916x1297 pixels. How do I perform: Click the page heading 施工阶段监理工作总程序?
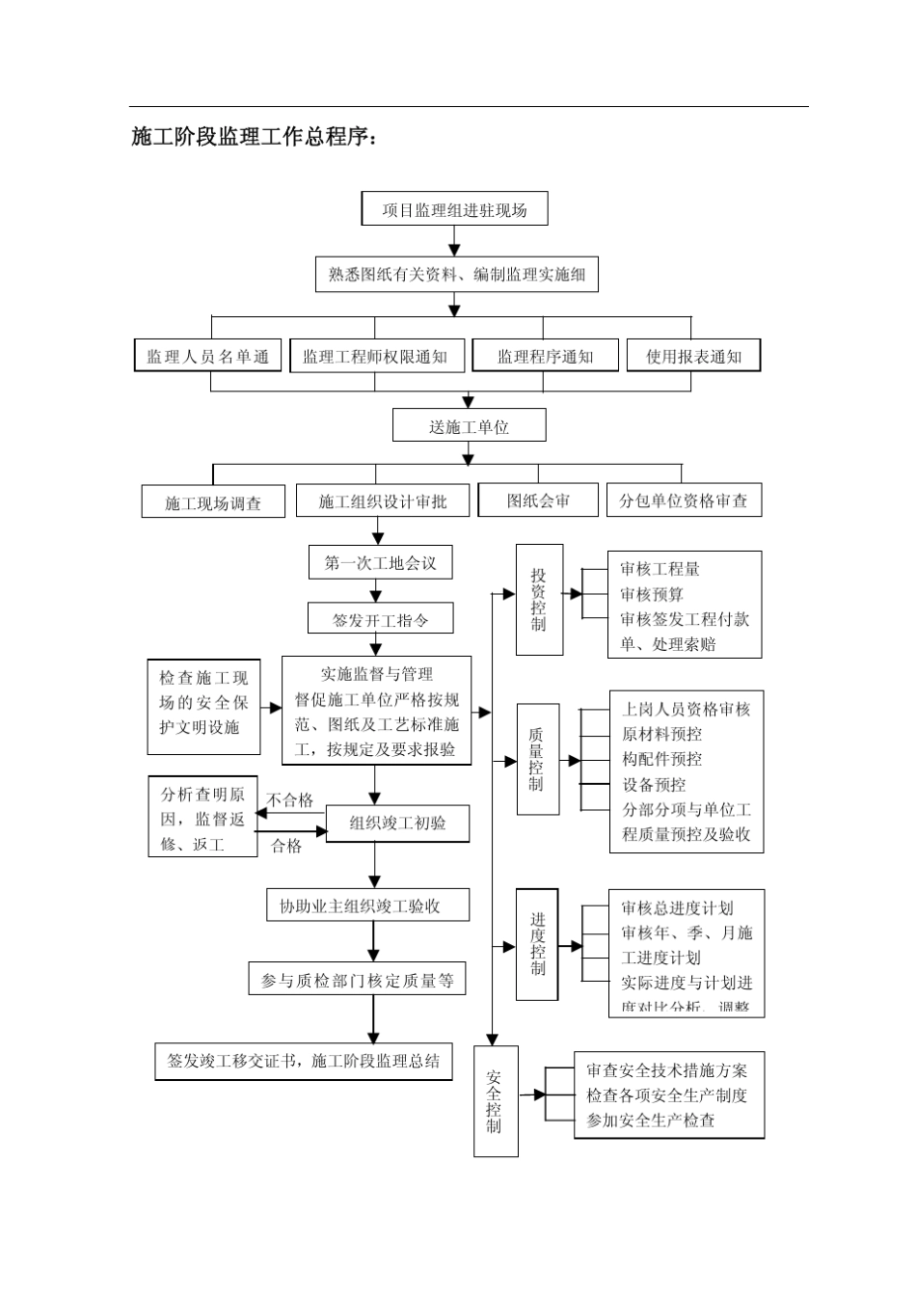(x=253, y=137)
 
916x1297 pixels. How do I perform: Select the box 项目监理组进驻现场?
(x=454, y=209)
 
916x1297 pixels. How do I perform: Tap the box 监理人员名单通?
(x=207, y=356)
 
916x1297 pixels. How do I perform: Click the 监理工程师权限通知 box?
(x=375, y=356)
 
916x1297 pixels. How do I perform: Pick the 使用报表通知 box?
(x=693, y=356)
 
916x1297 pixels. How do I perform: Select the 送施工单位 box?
(x=469, y=426)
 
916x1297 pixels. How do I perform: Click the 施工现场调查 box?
(x=213, y=502)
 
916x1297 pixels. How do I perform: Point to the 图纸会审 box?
(x=538, y=500)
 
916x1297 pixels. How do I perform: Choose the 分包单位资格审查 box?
(x=683, y=500)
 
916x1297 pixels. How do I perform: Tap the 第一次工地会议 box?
(x=380, y=563)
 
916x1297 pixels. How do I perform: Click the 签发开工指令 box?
(x=380, y=619)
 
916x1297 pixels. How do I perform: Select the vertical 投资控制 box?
(x=538, y=599)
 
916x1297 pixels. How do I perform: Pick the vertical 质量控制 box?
(x=536, y=759)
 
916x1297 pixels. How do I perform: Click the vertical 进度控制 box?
(x=537, y=944)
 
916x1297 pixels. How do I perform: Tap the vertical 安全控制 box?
(x=495, y=1100)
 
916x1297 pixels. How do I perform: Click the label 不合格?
(x=290, y=799)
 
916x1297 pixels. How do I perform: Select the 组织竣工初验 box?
(x=397, y=823)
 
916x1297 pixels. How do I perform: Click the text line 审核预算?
(x=652, y=595)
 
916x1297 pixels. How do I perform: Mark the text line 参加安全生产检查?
(x=651, y=1121)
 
